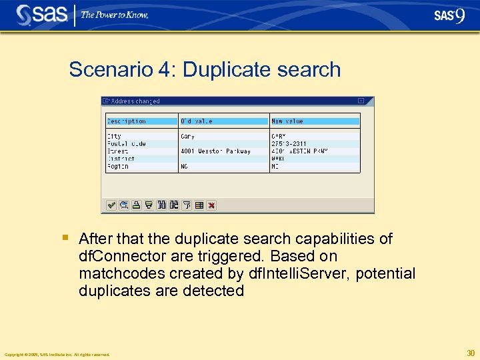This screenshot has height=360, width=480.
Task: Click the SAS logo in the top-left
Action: (x=41, y=15)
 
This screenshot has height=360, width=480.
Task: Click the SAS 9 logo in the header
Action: (x=449, y=15)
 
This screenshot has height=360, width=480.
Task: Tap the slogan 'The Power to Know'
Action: (x=115, y=15)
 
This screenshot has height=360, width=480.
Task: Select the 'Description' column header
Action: (x=126, y=121)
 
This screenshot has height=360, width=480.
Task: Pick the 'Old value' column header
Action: (x=196, y=121)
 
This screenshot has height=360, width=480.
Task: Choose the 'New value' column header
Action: (x=287, y=121)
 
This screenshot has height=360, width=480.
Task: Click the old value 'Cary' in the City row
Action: (x=187, y=137)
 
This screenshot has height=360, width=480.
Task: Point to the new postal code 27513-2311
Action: (x=289, y=144)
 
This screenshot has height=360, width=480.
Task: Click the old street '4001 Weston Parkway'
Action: (x=215, y=151)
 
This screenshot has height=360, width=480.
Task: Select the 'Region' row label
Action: (x=117, y=167)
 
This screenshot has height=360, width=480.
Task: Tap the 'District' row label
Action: (x=121, y=159)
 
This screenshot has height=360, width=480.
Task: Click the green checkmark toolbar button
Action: (x=111, y=205)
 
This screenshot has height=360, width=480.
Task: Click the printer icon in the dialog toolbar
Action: (x=136, y=205)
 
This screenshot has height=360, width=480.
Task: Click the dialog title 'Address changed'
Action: (x=135, y=101)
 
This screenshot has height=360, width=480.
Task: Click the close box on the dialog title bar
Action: (x=361, y=101)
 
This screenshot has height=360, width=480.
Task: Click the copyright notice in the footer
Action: (x=57, y=355)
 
